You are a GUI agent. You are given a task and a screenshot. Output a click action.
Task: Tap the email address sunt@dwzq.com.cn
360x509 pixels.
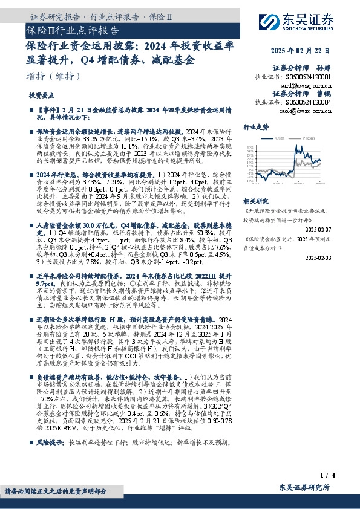[x=310, y=87]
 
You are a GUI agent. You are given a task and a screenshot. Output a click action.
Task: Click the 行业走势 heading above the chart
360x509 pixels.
[x=256, y=128]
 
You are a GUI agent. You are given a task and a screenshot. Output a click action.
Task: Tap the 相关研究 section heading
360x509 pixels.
[x=256, y=200]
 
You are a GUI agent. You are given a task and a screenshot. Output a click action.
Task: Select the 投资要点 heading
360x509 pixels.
[x=41, y=96]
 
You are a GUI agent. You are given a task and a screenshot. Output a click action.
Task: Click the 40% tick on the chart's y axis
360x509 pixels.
[x=249, y=148]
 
